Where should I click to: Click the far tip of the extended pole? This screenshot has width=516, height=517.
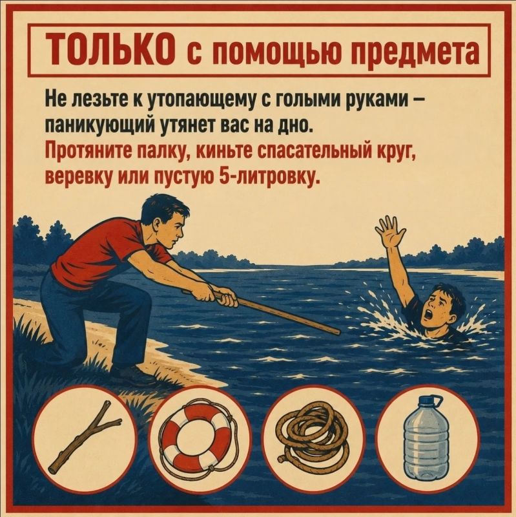[339, 332]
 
